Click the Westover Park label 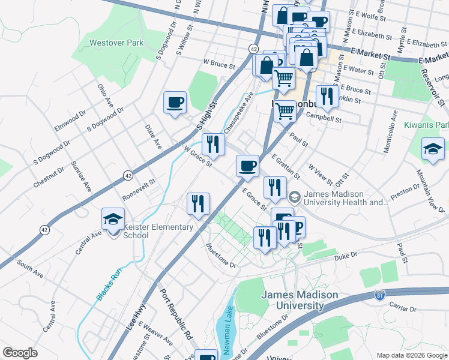(116, 43)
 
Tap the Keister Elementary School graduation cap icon (112, 220)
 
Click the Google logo (20, 353)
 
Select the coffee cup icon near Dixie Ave (175, 102)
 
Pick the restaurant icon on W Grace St (212, 144)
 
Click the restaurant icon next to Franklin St (327, 96)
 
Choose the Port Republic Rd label (175, 315)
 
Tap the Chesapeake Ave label (240, 113)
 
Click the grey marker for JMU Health (295, 197)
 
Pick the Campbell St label (324, 118)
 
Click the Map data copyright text (411, 355)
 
